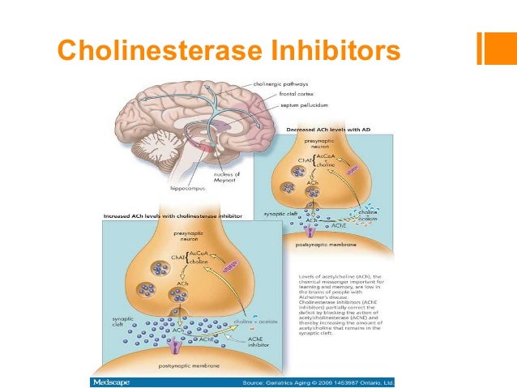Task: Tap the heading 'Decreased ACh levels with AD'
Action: tap(327, 130)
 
